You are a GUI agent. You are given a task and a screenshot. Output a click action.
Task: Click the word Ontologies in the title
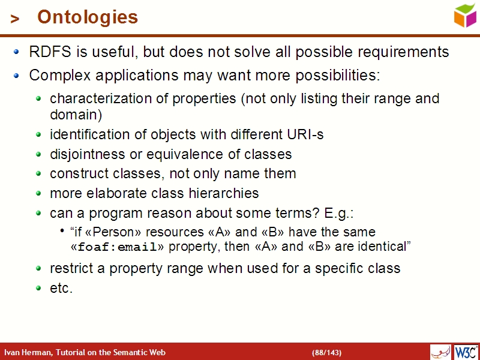coord(88,17)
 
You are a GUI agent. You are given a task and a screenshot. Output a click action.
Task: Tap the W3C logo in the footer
coord(466,352)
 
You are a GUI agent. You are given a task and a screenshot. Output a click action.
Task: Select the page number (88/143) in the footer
coord(326,352)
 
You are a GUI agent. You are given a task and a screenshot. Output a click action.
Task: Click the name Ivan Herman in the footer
coord(28,352)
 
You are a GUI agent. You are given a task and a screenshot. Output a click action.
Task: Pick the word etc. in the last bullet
coord(61,288)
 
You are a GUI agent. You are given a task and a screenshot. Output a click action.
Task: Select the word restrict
coord(68,268)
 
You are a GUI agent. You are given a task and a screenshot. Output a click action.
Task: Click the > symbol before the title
coord(15,19)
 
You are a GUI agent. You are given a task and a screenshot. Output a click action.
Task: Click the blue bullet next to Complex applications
coord(17,76)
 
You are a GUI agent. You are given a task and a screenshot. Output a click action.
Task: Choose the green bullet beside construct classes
coord(39,174)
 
